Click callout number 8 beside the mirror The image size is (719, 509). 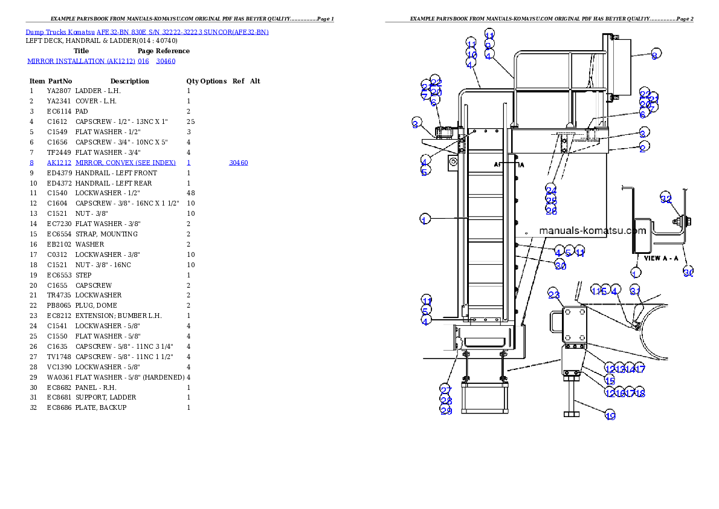click(654, 54)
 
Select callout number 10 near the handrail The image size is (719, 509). click(471, 54)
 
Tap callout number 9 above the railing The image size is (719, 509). click(488, 45)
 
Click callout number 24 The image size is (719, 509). click(551, 190)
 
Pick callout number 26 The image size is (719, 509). click(551, 210)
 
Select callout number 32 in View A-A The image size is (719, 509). click(666, 198)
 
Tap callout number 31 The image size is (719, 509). click(635, 290)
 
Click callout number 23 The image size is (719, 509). click(554, 294)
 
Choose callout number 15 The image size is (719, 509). click(610, 380)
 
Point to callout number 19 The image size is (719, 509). click(610, 415)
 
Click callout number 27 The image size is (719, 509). click(445, 389)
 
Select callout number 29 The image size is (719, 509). click(446, 410)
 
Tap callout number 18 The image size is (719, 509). click(640, 393)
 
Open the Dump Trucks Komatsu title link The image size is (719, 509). click(147, 32)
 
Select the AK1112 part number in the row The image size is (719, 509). click(60, 163)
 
